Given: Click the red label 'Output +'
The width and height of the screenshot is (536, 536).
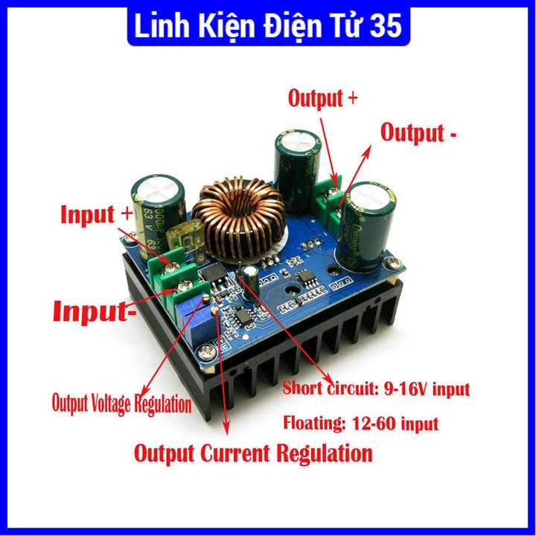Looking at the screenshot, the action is (327, 98).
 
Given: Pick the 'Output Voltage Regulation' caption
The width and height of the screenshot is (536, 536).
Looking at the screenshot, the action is (121, 403).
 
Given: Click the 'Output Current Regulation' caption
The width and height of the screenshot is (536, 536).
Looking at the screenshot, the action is (252, 452).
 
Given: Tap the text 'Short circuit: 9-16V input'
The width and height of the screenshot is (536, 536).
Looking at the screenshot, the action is (376, 389).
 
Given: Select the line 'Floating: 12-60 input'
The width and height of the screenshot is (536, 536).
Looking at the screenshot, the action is (360, 424).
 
